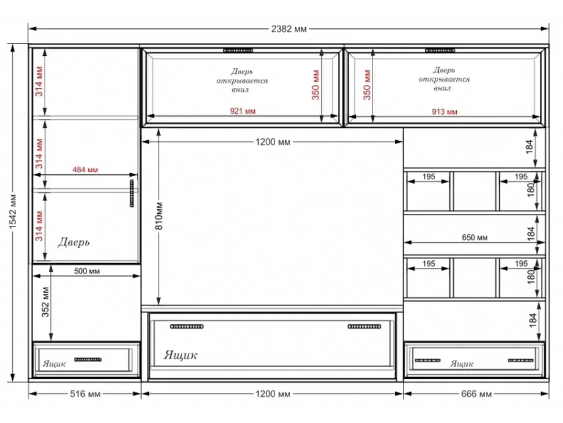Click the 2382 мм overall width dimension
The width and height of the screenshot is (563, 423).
pyautogui.click(x=289, y=28)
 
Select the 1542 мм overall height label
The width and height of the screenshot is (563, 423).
pyautogui.click(x=13, y=212)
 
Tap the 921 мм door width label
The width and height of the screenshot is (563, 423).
pyautogui.click(x=243, y=111)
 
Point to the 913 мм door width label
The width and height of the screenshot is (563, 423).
pyautogui.click(x=445, y=112)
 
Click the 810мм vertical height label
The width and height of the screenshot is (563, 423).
pyautogui.click(x=160, y=216)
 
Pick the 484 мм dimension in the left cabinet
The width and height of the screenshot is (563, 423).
pyautogui.click(x=85, y=170)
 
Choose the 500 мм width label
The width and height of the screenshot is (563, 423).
pyautogui.click(x=87, y=271)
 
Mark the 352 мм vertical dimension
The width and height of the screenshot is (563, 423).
pyautogui.click(x=45, y=302)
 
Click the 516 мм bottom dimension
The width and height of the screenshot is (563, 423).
pyautogui.click(x=85, y=394)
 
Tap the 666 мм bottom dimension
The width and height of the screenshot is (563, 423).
pyautogui.click(x=476, y=394)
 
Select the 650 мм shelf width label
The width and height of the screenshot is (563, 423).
pyautogui.click(x=475, y=238)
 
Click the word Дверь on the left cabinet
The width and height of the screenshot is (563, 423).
pyautogui.click(x=74, y=242)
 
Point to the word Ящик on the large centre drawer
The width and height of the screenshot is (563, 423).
pyautogui.click(x=181, y=355)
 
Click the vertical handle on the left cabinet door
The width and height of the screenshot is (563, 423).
pyautogui.click(x=132, y=193)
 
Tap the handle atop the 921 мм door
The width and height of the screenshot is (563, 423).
pyautogui.click(x=238, y=51)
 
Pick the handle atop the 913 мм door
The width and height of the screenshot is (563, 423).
pyautogui.click(x=440, y=51)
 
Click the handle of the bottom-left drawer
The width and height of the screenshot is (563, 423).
pyautogui.click(x=88, y=360)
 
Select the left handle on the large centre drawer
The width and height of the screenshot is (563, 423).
pyautogui.click(x=187, y=327)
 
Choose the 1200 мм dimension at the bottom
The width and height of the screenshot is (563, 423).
pyautogui.click(x=273, y=394)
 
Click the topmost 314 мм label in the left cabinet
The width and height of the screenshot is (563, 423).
pyautogui.click(x=39, y=81)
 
